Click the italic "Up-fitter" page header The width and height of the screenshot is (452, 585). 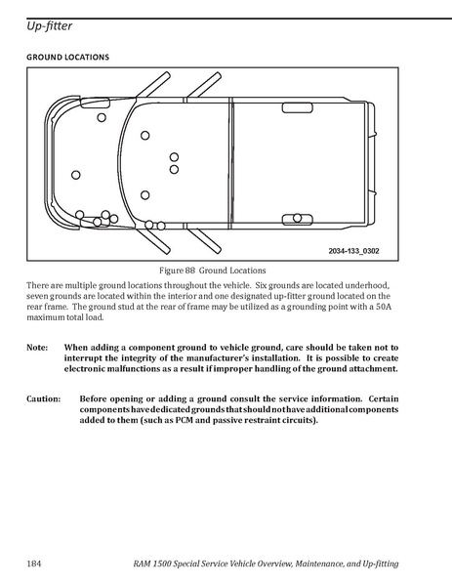[49, 26]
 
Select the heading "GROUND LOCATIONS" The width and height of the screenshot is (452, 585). [68, 57]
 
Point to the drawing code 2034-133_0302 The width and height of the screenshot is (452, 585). [353, 251]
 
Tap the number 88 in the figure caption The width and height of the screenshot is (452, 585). [189, 271]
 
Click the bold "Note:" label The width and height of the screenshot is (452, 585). [37, 348]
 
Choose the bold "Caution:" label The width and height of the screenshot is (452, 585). [43, 398]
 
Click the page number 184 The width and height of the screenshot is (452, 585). [33, 564]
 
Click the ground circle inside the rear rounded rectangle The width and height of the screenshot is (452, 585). [297, 218]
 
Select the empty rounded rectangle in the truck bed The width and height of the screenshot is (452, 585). [297, 107]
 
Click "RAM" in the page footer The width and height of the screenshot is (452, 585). [142, 564]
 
